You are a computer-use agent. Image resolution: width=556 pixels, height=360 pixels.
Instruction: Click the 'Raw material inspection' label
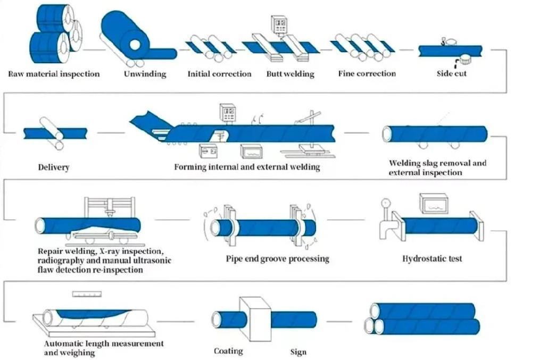pos(54,74)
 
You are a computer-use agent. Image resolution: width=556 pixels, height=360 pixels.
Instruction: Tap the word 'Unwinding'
pos(145,74)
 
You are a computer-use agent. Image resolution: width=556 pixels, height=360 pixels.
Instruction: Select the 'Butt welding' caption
pos(290,74)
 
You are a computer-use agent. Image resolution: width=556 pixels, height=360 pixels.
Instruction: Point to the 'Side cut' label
pos(452,74)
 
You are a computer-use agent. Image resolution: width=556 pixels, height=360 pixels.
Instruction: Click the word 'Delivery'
pos(53,168)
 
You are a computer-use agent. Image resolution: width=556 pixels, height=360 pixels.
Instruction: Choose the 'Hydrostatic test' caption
pos(432,259)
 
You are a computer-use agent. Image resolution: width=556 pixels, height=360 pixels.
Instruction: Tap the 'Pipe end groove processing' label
pos(277,259)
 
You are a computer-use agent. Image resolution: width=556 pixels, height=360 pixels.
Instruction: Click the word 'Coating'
pos(228,351)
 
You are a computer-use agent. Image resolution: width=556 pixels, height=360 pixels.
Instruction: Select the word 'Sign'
pos(298,352)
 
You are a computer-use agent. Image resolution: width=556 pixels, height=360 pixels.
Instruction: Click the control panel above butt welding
pos(278,24)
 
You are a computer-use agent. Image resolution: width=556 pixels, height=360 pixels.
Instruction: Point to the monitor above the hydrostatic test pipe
pos(433,203)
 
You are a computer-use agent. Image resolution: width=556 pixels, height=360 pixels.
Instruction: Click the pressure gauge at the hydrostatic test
pos(384,203)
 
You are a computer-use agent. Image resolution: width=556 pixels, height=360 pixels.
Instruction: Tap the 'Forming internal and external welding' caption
pos(247,167)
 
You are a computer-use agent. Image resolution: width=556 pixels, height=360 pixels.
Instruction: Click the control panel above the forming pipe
pos(228,113)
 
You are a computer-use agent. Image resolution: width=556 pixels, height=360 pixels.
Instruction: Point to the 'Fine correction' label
pos(367,74)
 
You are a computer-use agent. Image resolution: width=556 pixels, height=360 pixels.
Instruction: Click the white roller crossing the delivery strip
pos(52,133)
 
